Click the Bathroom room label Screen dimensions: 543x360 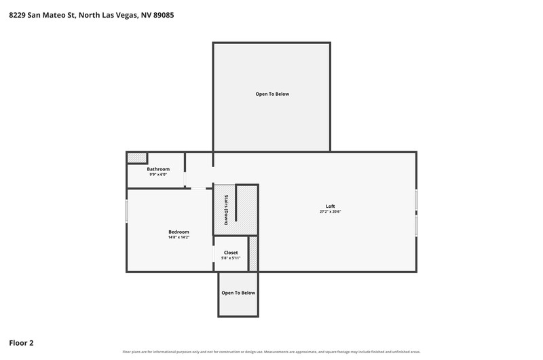point(158,169)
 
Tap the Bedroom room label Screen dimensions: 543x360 point(179,232)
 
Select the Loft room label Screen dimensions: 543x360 point(331,206)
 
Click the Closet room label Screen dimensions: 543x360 point(231,253)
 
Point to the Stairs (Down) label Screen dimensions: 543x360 point(226,210)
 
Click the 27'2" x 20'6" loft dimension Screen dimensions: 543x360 point(331,211)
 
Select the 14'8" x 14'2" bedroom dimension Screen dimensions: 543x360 point(179,237)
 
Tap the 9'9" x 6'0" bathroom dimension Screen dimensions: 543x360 point(158,175)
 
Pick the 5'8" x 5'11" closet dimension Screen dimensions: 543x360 point(231,258)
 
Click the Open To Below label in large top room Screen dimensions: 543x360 point(272,94)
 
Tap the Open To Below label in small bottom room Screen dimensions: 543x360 point(238,293)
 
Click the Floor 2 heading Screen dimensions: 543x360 point(21,343)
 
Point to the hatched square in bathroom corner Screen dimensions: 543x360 point(137,158)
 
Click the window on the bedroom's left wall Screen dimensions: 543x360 point(126,211)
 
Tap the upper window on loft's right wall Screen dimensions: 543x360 point(416,200)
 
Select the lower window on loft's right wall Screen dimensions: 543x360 point(416,226)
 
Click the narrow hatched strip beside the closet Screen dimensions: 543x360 point(253,253)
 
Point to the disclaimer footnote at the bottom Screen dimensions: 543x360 point(271,352)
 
